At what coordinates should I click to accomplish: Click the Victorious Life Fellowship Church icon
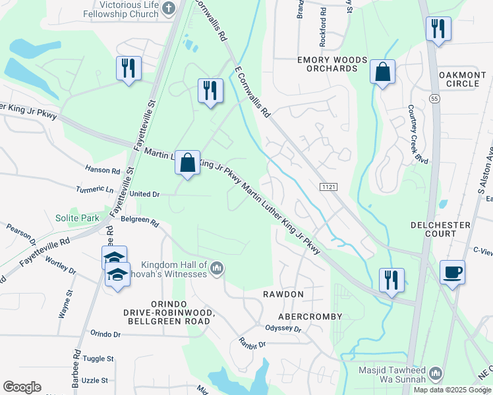click(169, 9)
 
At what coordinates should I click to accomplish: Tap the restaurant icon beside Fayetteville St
click(129, 68)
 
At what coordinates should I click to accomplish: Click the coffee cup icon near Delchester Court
click(452, 272)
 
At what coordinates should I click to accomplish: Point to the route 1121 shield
click(329, 188)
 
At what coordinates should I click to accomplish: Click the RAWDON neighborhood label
click(283, 294)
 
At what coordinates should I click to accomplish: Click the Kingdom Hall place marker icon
click(217, 267)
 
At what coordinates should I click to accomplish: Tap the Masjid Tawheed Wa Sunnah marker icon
click(434, 375)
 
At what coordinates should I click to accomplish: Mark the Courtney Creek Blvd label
click(413, 134)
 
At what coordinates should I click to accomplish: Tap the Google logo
click(22, 387)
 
